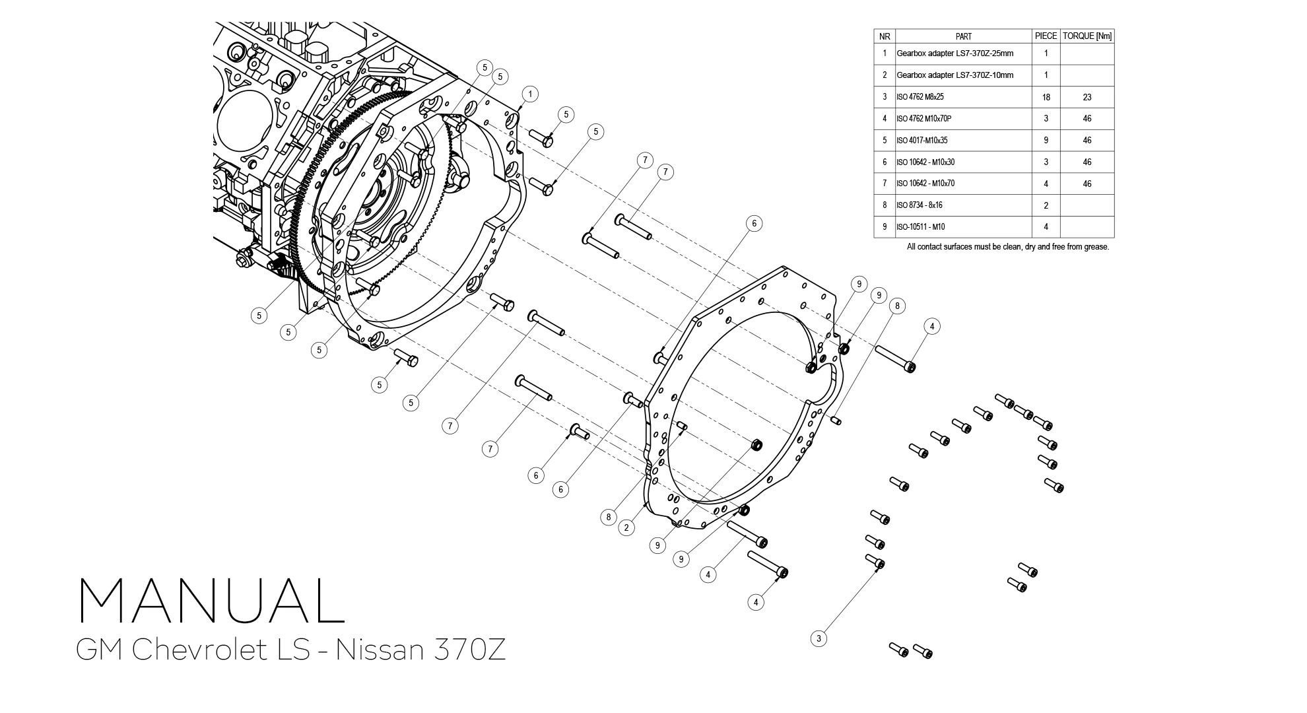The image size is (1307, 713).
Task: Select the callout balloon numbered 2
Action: pyautogui.click(x=626, y=527)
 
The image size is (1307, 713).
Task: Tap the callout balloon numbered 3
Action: pyautogui.click(x=819, y=638)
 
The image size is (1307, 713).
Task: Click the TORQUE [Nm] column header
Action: pyautogui.click(x=1087, y=36)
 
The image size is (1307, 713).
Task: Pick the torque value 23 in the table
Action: pyautogui.click(x=1087, y=97)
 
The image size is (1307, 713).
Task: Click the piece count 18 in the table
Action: pyautogui.click(x=1046, y=97)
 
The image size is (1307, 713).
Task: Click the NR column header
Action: pyautogui.click(x=885, y=36)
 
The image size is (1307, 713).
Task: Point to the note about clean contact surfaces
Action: pyautogui.click(x=1008, y=247)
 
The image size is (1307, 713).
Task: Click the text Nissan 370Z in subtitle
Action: pyautogui.click(x=420, y=650)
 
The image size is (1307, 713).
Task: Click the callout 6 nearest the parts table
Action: pyautogui.click(x=754, y=223)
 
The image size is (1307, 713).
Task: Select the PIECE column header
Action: pyautogui.click(x=1046, y=36)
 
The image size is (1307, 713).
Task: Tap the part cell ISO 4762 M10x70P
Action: pyautogui.click(x=923, y=119)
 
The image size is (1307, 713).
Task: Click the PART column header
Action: pyautogui.click(x=963, y=36)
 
